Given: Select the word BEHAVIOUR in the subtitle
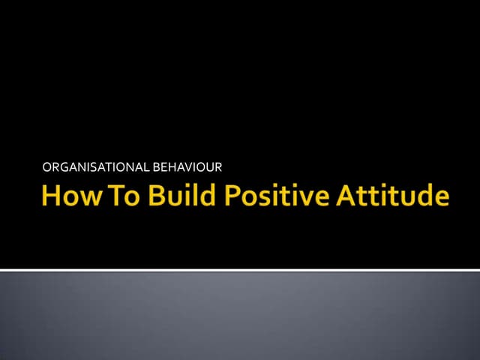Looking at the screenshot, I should [187, 166].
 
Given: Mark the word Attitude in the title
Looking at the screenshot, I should [392, 196].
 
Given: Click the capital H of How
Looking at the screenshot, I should [50, 196].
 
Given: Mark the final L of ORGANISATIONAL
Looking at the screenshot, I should [147, 166].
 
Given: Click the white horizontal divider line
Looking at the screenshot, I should [240, 269].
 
